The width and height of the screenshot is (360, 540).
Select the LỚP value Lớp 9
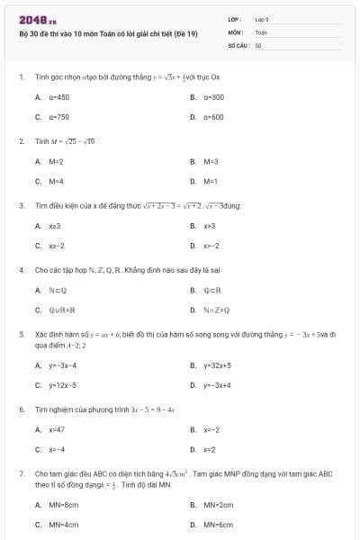[262, 19]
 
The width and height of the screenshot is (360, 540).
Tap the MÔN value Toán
[261, 31]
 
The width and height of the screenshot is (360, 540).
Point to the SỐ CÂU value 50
[258, 44]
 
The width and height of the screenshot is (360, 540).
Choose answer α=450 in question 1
[59, 96]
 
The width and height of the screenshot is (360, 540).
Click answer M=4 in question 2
[56, 181]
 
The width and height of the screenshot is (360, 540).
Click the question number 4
[21, 269]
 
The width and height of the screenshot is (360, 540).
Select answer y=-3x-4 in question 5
[63, 365]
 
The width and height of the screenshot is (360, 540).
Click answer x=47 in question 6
[57, 429]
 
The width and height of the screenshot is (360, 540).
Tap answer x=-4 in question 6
[57, 449]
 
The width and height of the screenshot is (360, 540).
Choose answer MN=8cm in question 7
[64, 504]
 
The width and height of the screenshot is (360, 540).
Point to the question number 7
[21, 472]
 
